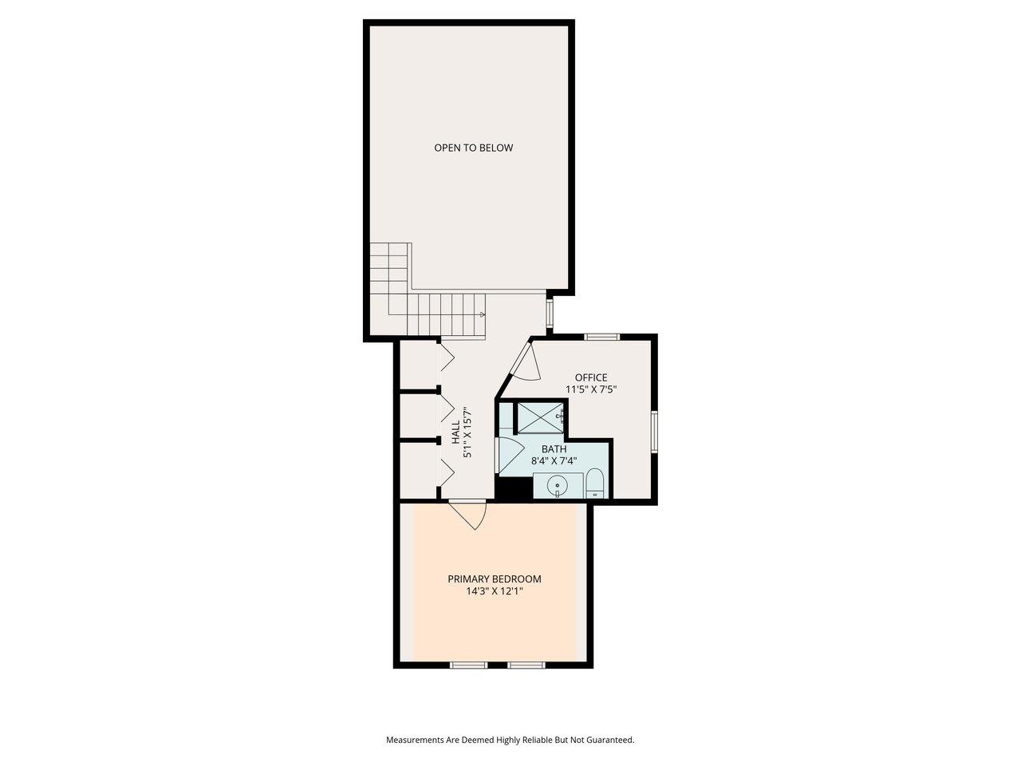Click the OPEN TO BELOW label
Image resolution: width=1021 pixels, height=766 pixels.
[x=473, y=148]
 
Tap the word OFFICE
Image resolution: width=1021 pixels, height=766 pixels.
[x=591, y=377]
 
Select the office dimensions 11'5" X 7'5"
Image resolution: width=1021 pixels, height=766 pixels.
[x=591, y=390]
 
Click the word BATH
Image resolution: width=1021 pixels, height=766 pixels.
[x=554, y=449]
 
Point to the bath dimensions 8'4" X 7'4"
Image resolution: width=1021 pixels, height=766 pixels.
[x=554, y=461]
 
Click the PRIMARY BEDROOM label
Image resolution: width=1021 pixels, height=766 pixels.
[x=494, y=579]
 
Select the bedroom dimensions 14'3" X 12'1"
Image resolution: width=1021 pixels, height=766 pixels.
[x=494, y=592]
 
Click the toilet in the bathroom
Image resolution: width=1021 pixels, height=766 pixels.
[x=595, y=484]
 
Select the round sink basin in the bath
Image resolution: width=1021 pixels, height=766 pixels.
[x=557, y=484]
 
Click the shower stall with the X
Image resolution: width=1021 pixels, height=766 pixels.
[x=540, y=417]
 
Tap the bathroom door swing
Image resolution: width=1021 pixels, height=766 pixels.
[x=507, y=455]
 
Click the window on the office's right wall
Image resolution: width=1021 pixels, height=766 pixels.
[x=654, y=432]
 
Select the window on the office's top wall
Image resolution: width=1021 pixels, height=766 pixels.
[x=602, y=337]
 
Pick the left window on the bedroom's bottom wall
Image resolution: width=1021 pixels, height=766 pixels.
[x=468, y=665]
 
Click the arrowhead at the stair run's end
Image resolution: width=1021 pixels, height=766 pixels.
[x=483, y=314]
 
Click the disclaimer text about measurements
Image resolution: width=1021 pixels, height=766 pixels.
[x=510, y=740]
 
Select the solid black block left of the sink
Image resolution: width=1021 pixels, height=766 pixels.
[x=514, y=487]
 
